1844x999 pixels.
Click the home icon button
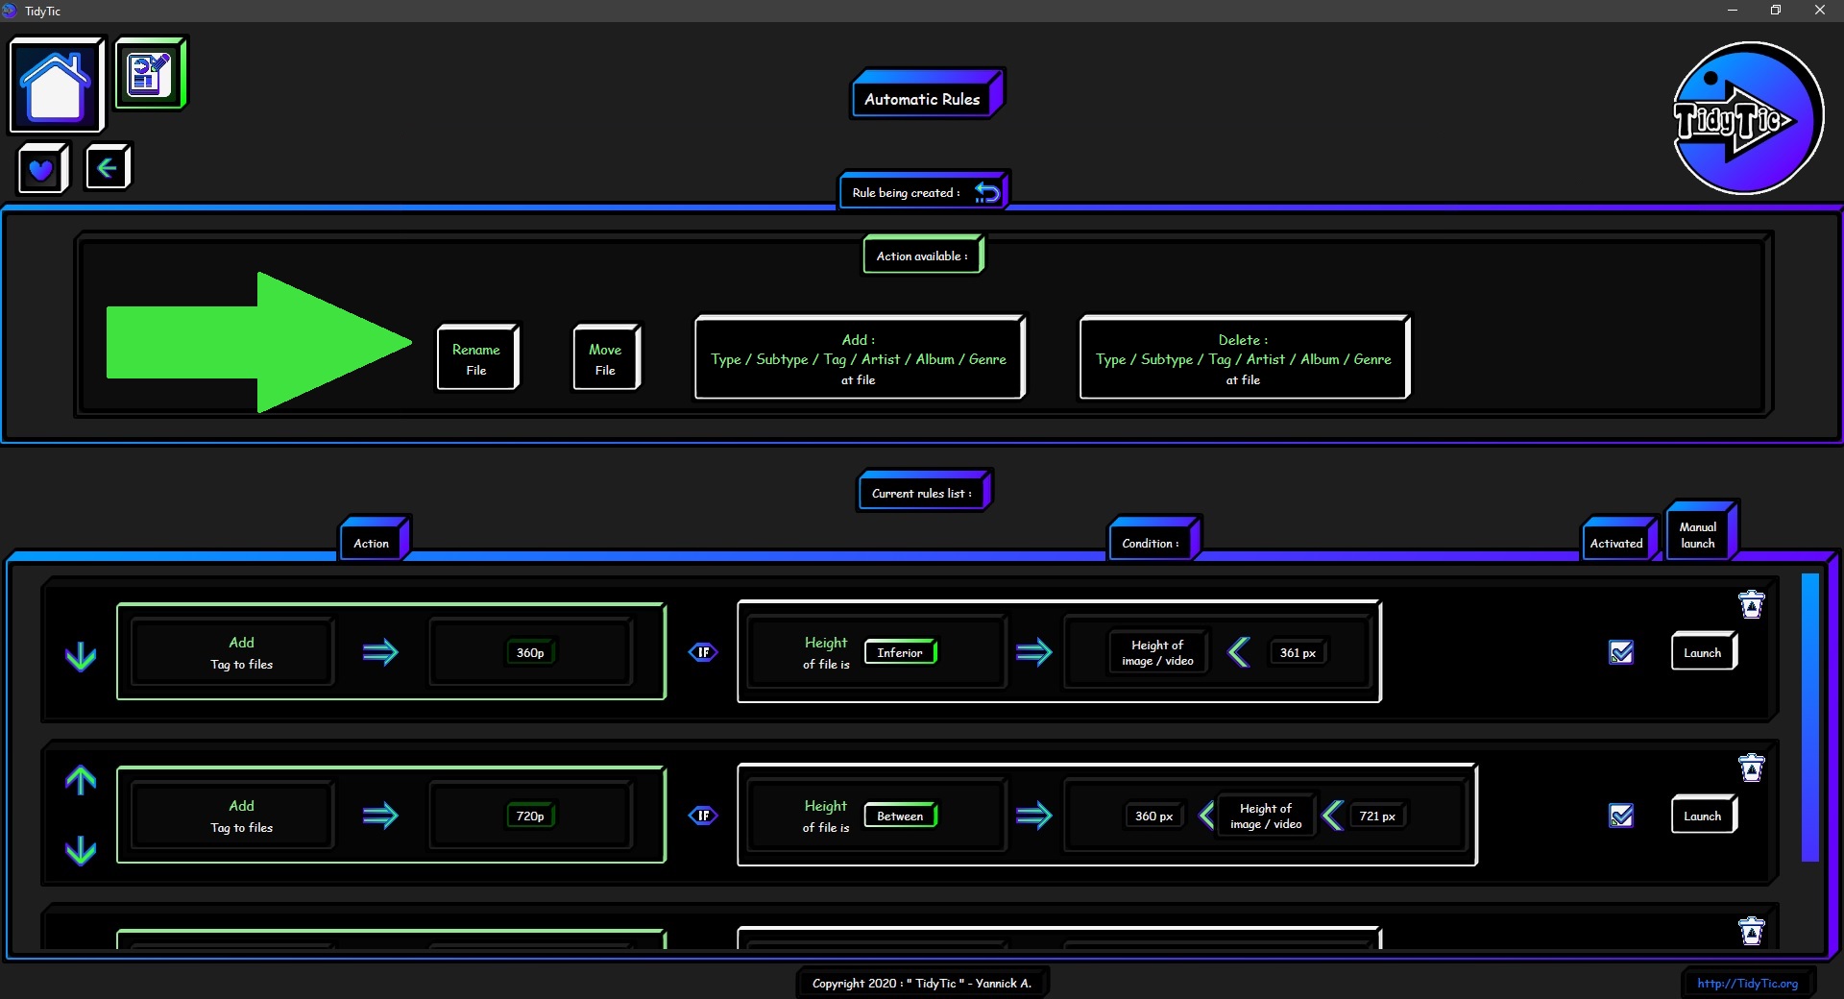click(56, 85)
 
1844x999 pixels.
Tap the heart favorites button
click(42, 169)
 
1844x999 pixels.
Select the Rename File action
click(477, 358)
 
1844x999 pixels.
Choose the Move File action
click(606, 358)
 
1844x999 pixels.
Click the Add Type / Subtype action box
click(860, 357)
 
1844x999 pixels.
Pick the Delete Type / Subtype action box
click(1245, 357)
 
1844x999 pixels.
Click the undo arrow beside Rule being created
click(987, 192)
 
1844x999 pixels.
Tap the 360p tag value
click(530, 653)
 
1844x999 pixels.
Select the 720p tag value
click(530, 816)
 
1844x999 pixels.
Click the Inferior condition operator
click(900, 653)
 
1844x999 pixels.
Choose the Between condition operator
click(900, 816)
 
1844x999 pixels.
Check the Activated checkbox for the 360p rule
click(1621, 653)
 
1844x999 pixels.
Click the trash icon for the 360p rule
click(1752, 604)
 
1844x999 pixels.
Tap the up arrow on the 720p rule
click(81, 780)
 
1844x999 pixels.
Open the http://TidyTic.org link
click(1747, 983)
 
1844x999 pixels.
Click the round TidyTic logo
click(1747, 118)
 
